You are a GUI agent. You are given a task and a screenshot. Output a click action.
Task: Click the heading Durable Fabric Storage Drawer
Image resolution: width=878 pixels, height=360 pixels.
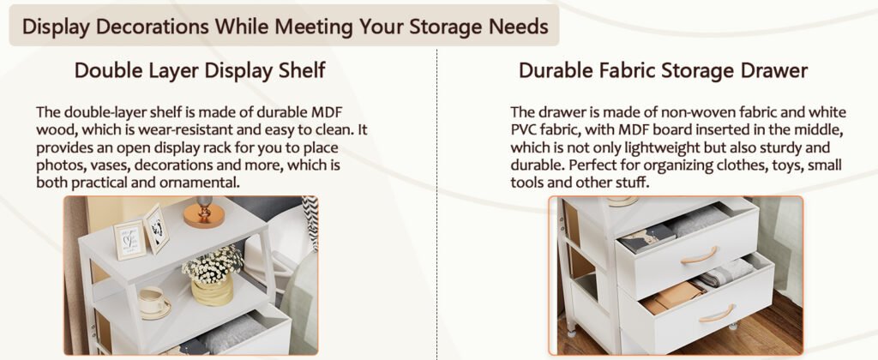point(663,70)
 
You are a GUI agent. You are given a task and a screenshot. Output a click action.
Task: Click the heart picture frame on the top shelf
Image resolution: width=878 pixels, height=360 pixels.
point(129,238)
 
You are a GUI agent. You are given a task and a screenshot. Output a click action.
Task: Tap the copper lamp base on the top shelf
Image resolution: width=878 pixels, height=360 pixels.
point(204,215)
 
